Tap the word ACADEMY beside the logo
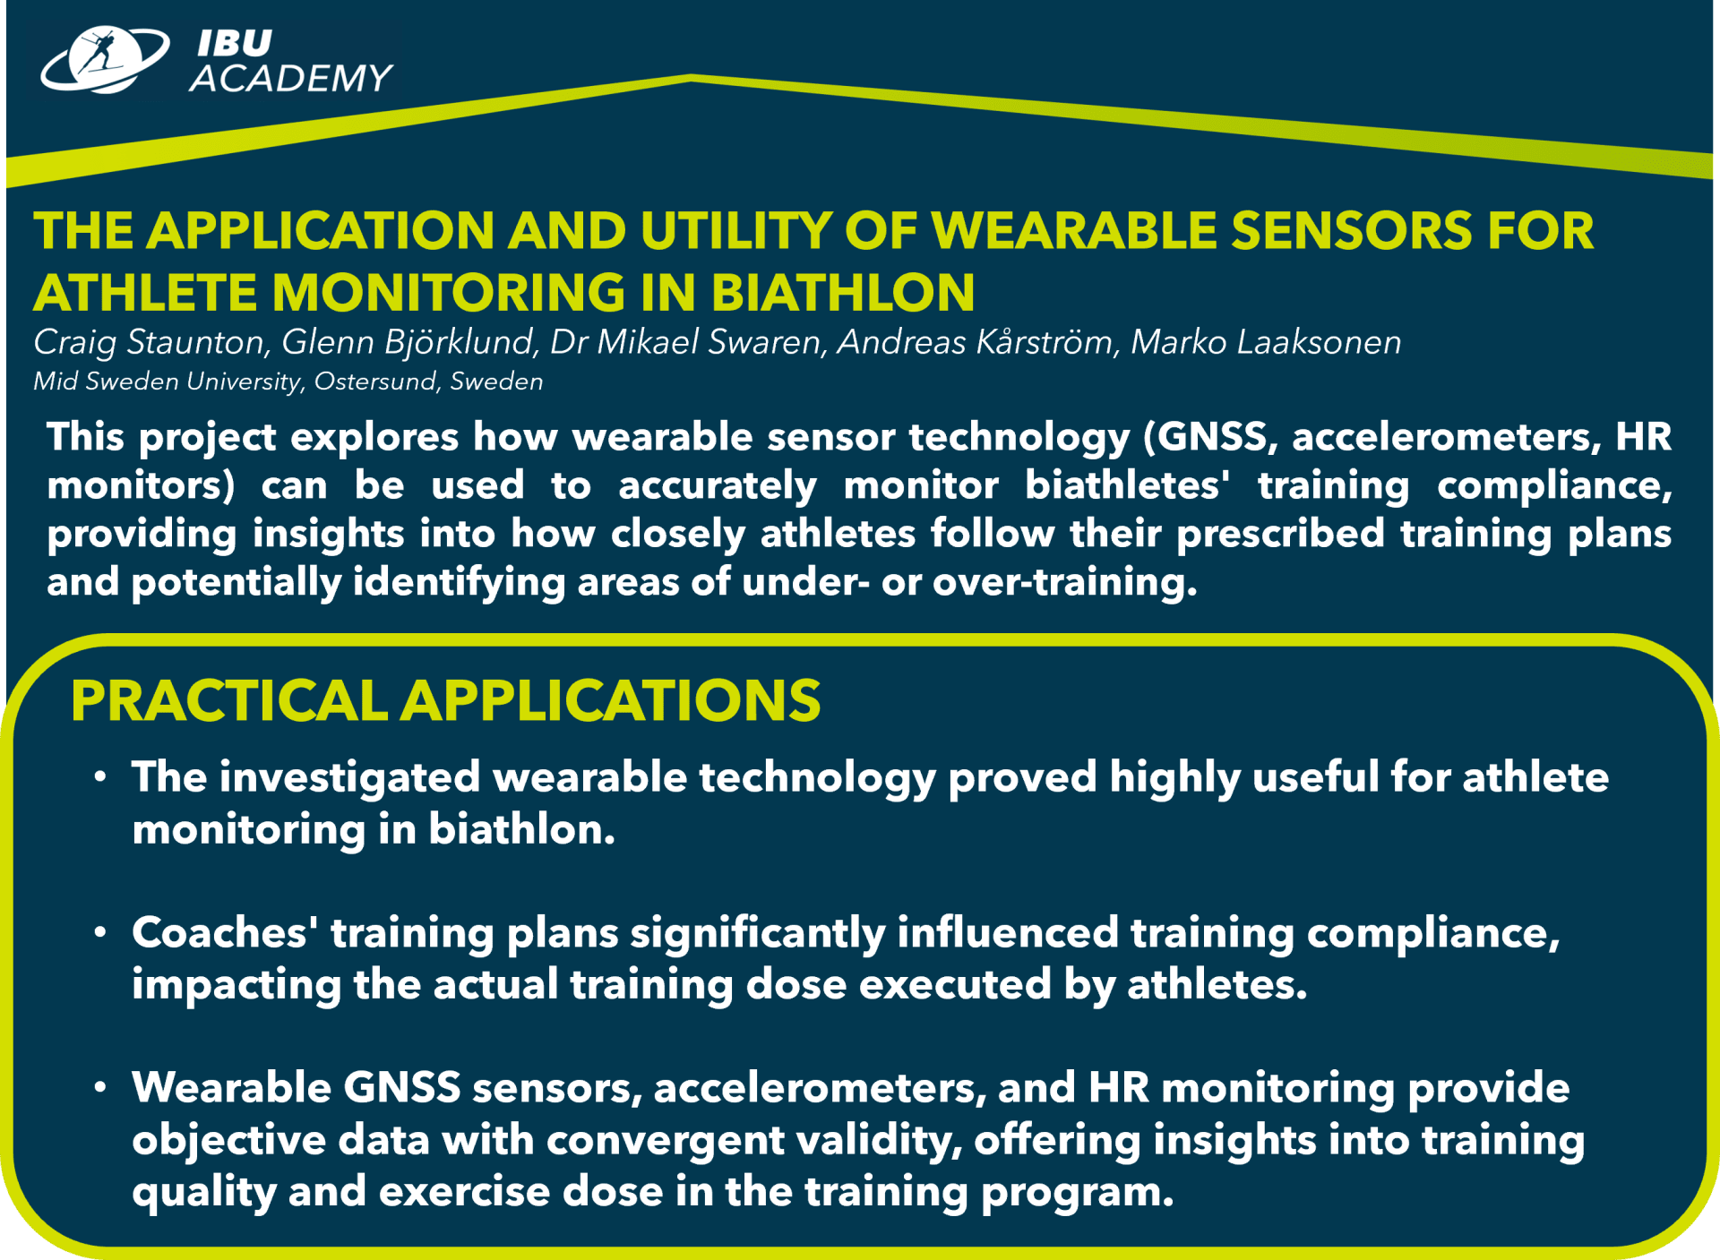click(291, 78)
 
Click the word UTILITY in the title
click(735, 230)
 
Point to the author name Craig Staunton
click(150, 342)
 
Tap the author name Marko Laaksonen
click(1266, 342)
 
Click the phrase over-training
click(1064, 582)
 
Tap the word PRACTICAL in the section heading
click(229, 700)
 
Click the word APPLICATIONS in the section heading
click(611, 700)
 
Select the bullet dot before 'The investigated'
click(100, 776)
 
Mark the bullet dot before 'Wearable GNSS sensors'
click(100, 1087)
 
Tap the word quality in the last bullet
click(203, 1193)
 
